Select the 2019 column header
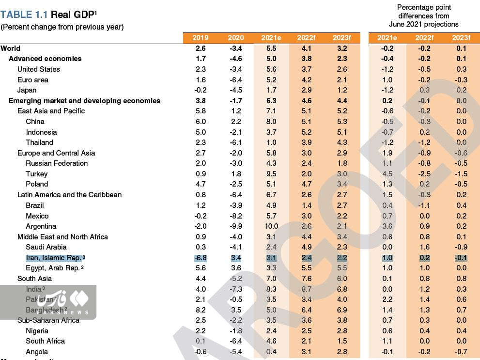tap(201, 38)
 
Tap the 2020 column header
tap(236, 38)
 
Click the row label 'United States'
tap(39, 69)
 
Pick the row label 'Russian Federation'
tap(57, 163)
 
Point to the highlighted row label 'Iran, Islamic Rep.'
tap(54, 257)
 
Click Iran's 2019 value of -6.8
tap(200, 257)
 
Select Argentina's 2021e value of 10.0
tap(271, 226)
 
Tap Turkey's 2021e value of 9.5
tap(271, 174)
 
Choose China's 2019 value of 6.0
tap(201, 122)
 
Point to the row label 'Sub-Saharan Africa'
tap(48, 320)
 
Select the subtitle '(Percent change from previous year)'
tap(62, 27)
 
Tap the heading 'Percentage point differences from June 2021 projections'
tap(424, 16)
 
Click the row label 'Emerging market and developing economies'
tap(84, 101)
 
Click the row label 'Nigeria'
tap(37, 331)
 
